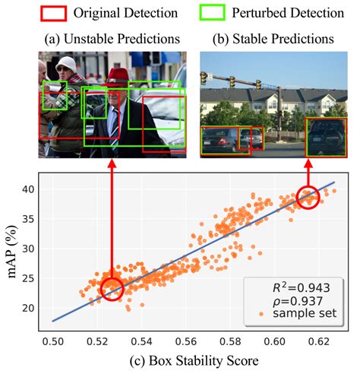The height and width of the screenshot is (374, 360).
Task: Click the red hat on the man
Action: pos(116,74)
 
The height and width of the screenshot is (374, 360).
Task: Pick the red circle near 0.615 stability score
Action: pos(308,197)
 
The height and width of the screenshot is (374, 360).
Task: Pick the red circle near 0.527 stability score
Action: pos(112,288)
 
